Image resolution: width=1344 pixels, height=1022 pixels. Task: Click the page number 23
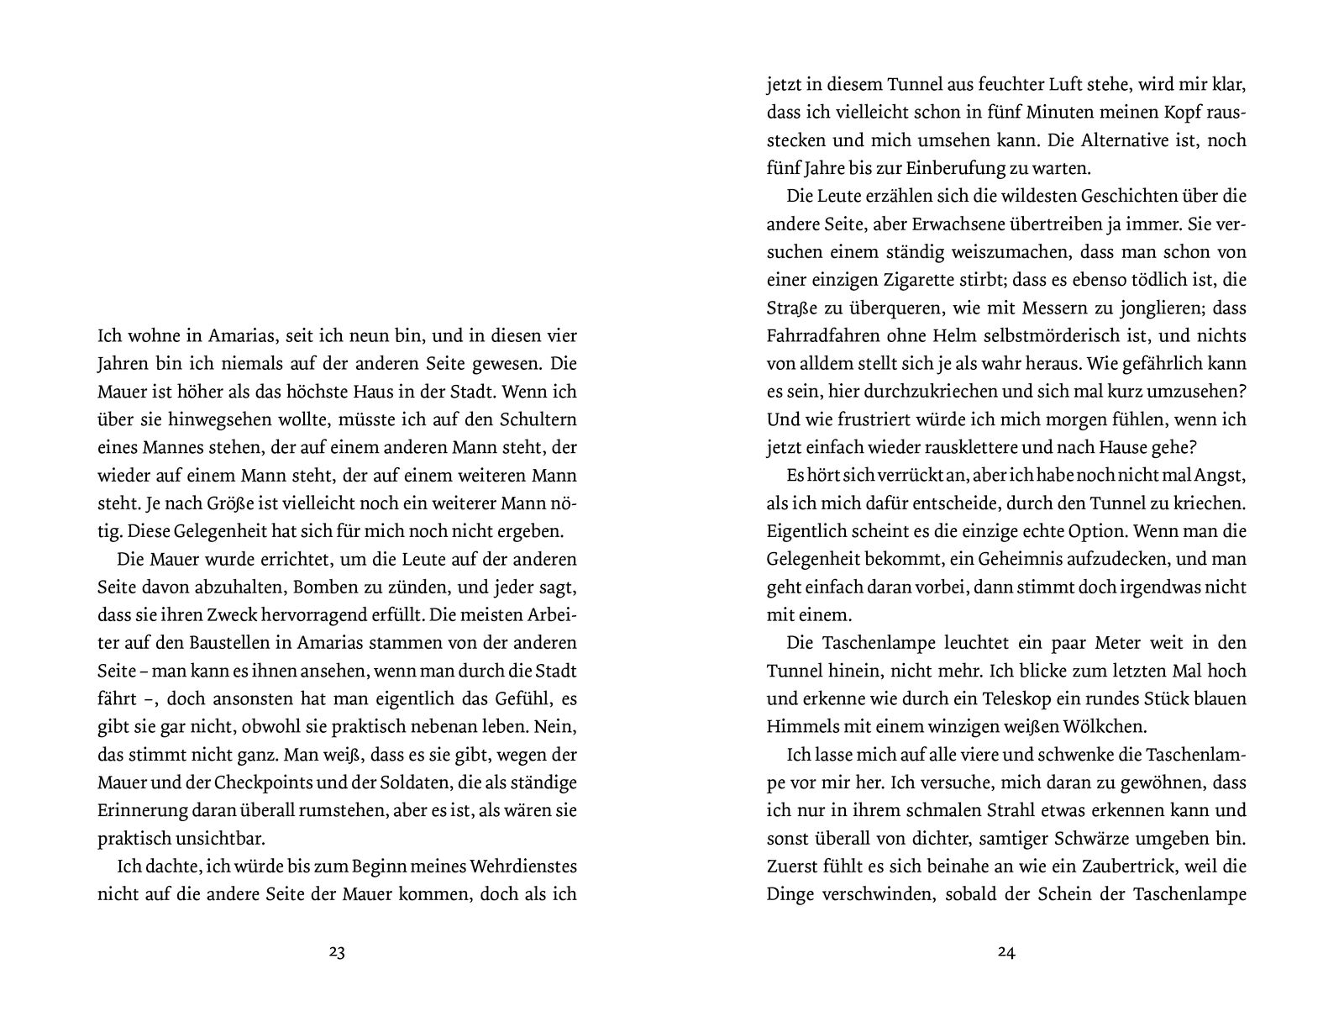tap(337, 952)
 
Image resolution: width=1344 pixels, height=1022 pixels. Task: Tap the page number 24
tap(1006, 952)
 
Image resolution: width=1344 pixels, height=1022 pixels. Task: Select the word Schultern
tap(535, 419)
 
